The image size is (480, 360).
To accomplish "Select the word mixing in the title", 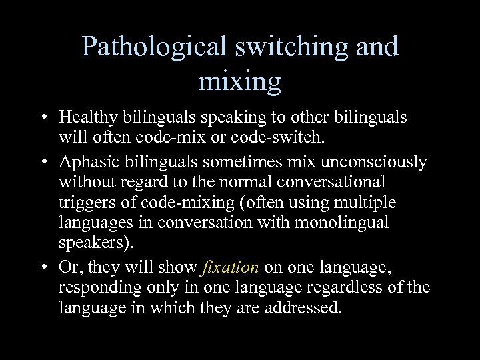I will pos(239,82).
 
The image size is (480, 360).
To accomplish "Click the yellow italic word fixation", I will pos(230,268).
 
